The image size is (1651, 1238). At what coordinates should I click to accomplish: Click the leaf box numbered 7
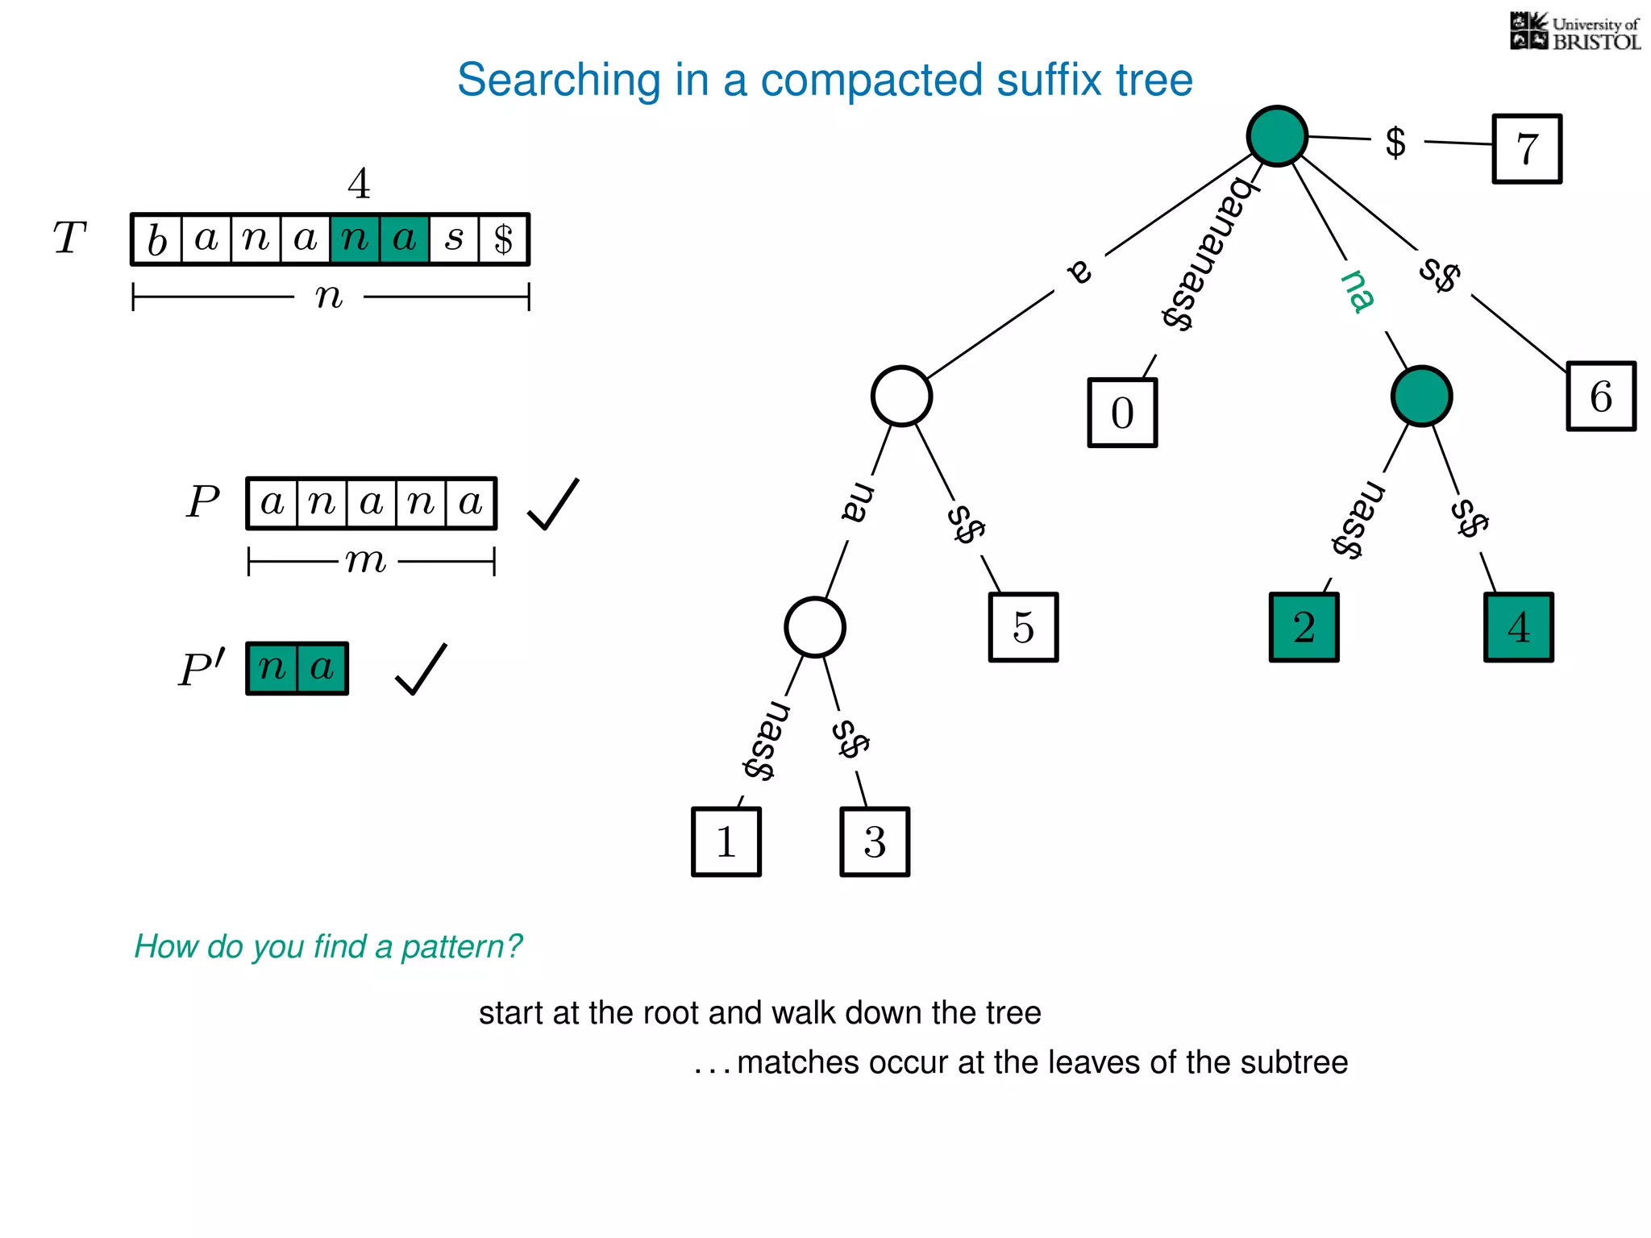1527,149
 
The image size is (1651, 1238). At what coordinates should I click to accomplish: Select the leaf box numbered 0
1122,413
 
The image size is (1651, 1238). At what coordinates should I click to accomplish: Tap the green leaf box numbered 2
1304,627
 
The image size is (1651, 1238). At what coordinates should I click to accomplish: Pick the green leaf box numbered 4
1518,627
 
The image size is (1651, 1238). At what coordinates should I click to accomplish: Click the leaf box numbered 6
1601,397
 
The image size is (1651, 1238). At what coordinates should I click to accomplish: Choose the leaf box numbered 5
1023,627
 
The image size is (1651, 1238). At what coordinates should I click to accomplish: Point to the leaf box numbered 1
726,841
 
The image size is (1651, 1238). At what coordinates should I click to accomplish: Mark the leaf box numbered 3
875,841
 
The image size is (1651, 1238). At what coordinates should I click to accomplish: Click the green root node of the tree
1277,136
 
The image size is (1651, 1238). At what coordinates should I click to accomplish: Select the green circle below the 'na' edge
1421,396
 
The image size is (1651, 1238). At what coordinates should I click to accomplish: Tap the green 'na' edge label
1358,291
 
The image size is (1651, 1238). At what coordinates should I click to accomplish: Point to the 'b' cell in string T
157,239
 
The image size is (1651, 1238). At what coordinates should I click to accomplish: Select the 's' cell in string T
454,239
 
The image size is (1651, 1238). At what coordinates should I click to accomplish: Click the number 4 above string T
359,184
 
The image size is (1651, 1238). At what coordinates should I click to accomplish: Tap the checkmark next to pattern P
553,505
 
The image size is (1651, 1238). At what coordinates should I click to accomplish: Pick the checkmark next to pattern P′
421,669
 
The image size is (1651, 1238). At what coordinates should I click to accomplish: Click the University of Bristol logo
1574,32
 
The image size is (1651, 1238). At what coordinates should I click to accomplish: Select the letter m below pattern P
366,560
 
